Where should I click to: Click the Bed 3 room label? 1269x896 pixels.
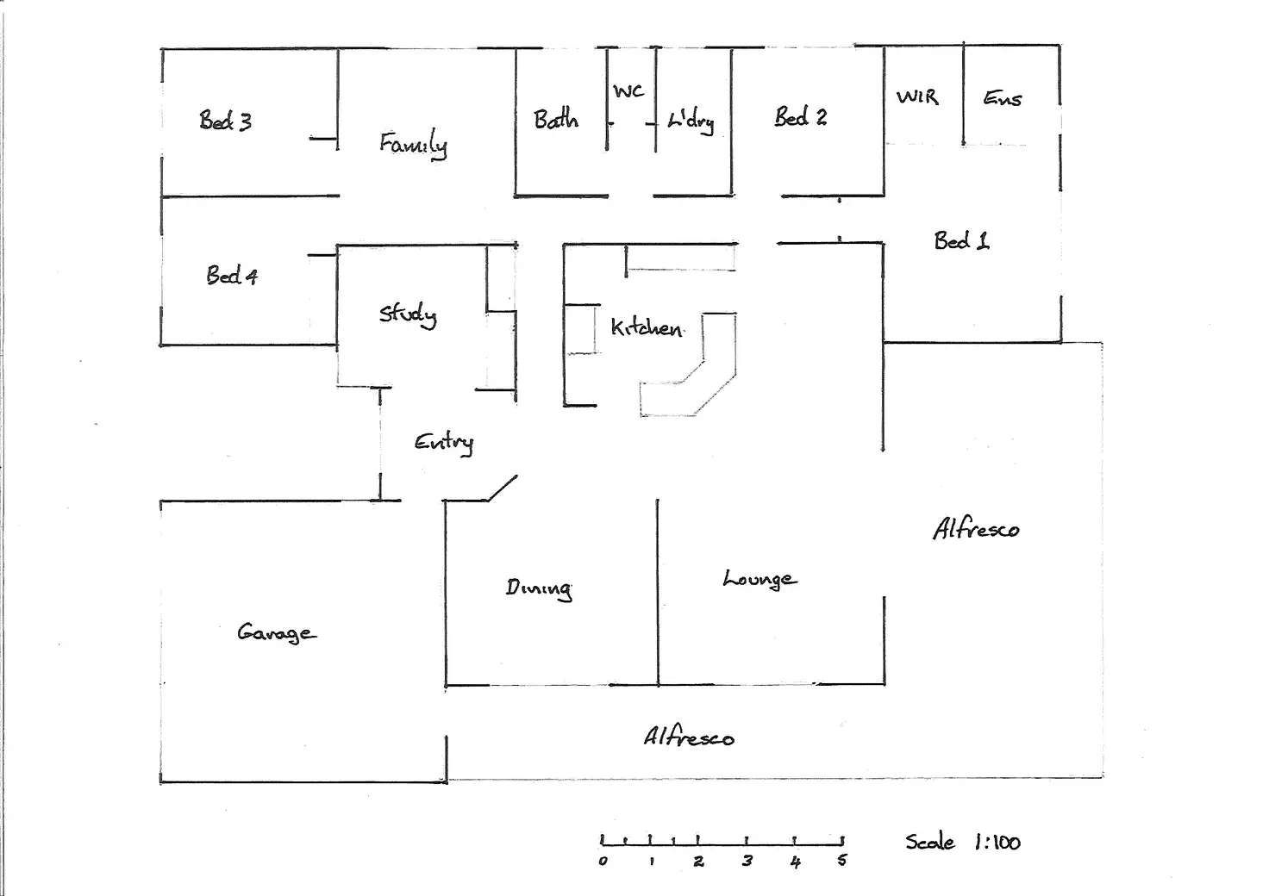click(x=225, y=121)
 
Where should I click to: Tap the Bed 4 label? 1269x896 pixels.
click(x=232, y=275)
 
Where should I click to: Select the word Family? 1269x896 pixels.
click(x=413, y=145)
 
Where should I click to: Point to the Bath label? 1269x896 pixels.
click(x=556, y=119)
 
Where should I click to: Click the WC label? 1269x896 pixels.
click(x=628, y=91)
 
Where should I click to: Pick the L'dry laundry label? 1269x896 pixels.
click(x=691, y=121)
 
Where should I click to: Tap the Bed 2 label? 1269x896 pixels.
click(x=801, y=116)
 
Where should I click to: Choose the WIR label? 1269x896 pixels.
click(x=917, y=96)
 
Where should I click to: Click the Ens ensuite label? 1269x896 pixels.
click(x=1002, y=98)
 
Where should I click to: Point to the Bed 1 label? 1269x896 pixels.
click(x=961, y=240)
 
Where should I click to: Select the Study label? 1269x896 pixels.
click(x=408, y=315)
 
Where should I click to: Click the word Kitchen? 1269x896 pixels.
click(x=647, y=327)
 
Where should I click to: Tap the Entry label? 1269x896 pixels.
click(x=444, y=443)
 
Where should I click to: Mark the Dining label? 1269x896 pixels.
click(x=538, y=588)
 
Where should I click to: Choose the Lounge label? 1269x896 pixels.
click(x=760, y=580)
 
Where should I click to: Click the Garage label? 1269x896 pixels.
click(x=277, y=633)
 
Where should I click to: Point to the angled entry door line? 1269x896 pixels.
click(x=503, y=488)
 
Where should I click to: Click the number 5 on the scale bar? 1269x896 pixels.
click(x=842, y=861)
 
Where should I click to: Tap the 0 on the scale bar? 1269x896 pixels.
click(x=603, y=862)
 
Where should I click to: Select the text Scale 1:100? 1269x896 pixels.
click(x=962, y=843)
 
